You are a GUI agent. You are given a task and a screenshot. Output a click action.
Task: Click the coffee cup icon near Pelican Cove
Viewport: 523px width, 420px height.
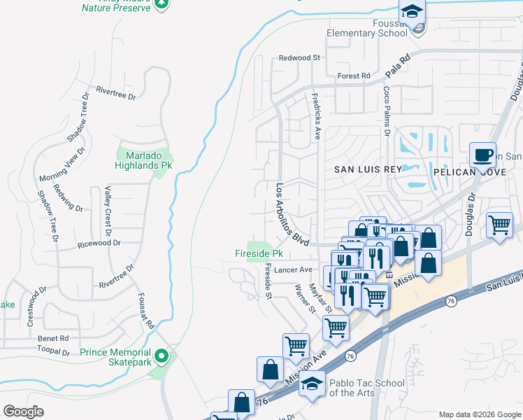pyautogui.click(x=482, y=155)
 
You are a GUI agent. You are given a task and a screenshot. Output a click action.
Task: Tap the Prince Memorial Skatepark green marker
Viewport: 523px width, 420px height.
pyautogui.click(x=162, y=357)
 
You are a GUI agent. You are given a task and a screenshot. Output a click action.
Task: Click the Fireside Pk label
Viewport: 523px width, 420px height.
pyautogui.click(x=258, y=253)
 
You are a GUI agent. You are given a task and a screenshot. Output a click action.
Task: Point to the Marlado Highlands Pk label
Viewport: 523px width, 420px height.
pyautogui.click(x=144, y=160)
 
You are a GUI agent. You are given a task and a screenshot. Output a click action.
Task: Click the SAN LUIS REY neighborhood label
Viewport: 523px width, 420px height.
pyautogui.click(x=368, y=169)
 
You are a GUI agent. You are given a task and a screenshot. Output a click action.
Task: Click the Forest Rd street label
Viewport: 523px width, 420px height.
pyautogui.click(x=353, y=76)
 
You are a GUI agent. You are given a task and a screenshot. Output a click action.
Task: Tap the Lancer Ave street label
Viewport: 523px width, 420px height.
pyautogui.click(x=293, y=269)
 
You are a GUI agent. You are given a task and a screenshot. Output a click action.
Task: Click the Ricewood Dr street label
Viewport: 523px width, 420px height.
pyautogui.click(x=99, y=244)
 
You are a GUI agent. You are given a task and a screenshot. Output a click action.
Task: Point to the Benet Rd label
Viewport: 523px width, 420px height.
pyautogui.click(x=54, y=338)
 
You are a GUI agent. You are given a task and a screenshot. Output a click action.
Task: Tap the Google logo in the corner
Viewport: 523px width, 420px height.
pyautogui.click(x=23, y=411)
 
